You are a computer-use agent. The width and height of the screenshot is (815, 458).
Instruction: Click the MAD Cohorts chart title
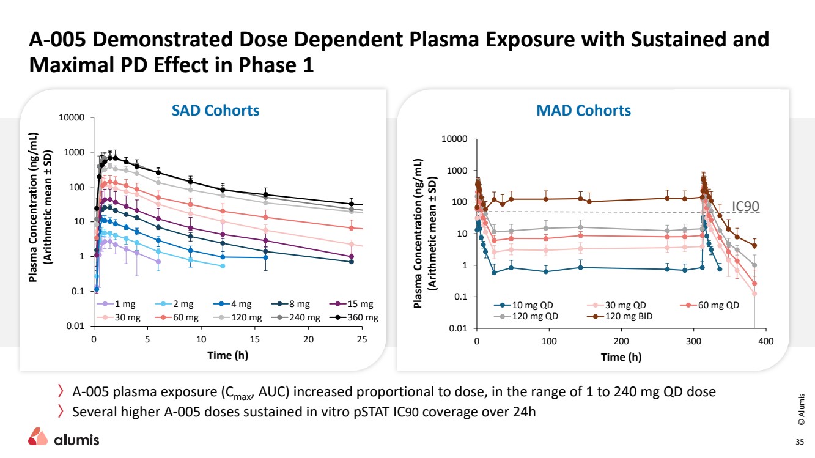pyautogui.click(x=583, y=111)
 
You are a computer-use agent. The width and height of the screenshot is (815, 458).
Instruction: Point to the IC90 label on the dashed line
pyautogui.click(x=745, y=207)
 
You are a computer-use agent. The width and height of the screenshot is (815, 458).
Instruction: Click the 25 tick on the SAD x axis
pyautogui.click(x=362, y=339)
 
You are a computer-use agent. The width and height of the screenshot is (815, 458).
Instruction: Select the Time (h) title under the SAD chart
pyautogui.click(x=227, y=355)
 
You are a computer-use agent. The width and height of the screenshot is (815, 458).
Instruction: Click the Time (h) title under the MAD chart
pyautogui.click(x=621, y=357)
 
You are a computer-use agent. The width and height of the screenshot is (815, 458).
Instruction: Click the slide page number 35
pyautogui.click(x=798, y=443)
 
